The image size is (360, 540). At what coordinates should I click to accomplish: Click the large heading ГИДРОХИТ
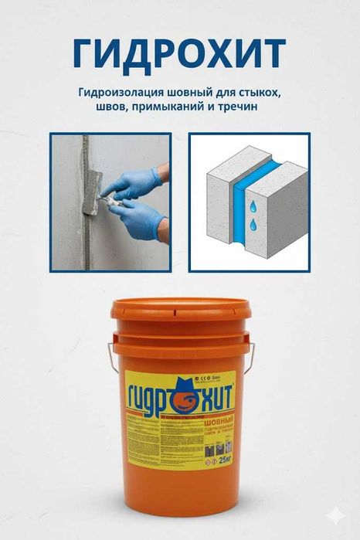pyautogui.click(x=179, y=52)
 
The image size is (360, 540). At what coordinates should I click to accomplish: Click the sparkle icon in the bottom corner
pyautogui.click(x=340, y=521)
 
